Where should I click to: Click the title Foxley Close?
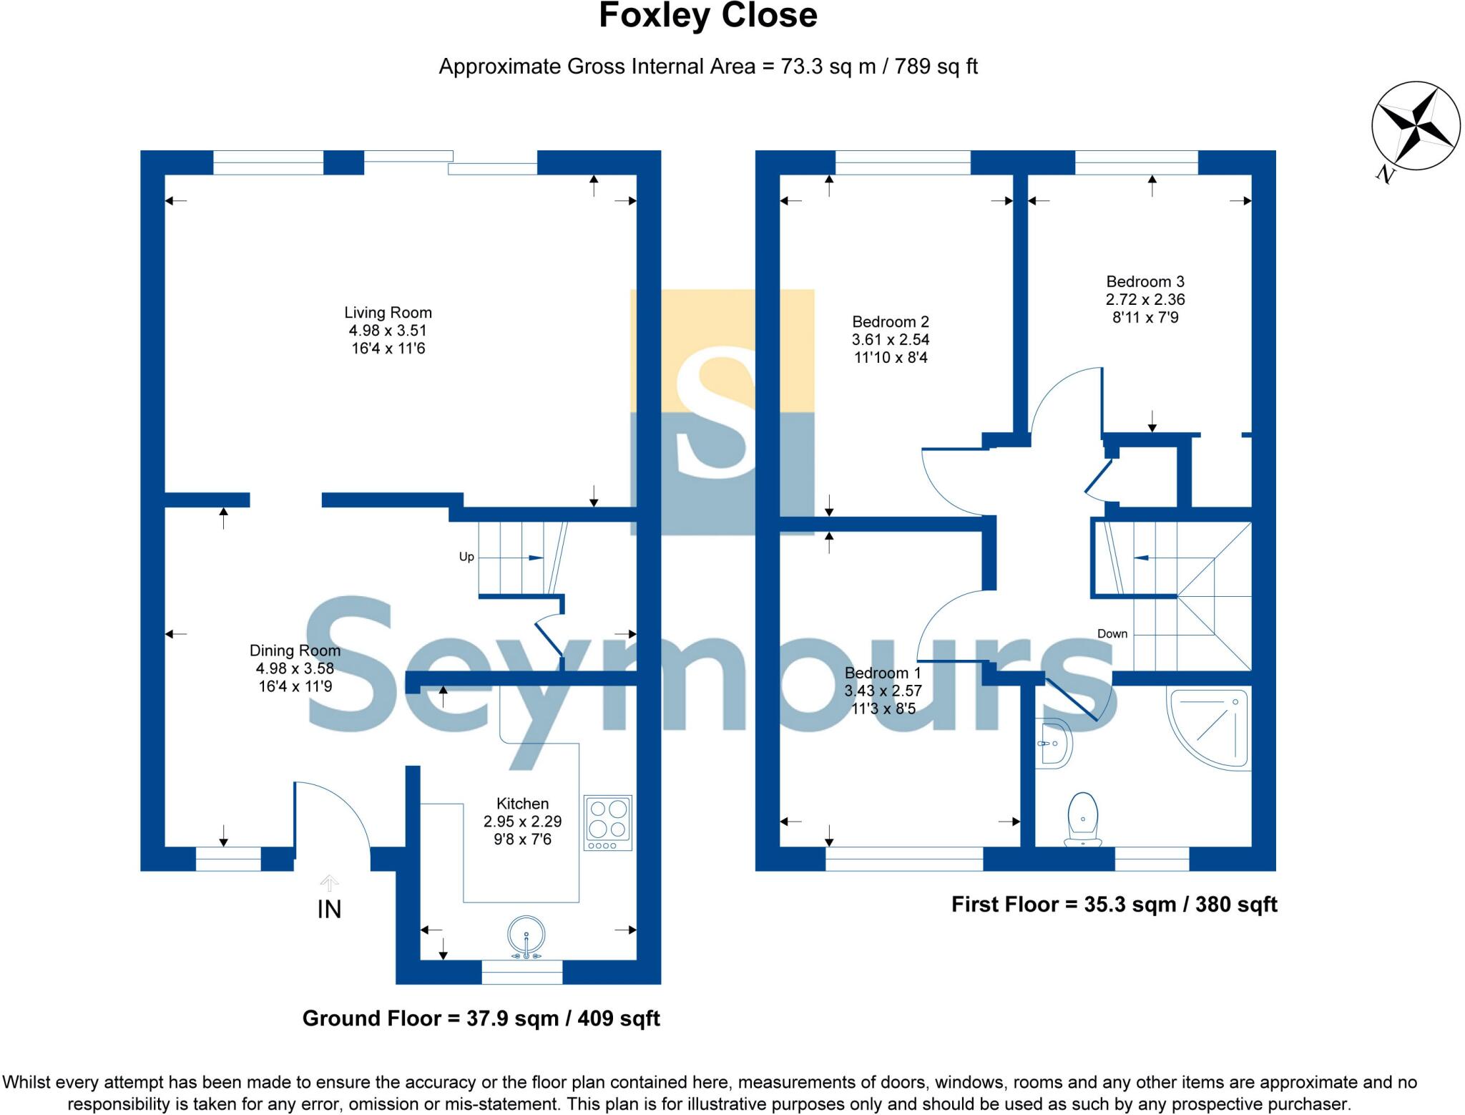[x=707, y=16]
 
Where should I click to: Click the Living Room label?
[x=388, y=313]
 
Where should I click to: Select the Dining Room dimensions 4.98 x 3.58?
[x=295, y=668]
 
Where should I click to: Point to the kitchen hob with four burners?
[x=608, y=822]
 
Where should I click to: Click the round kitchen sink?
[x=526, y=936]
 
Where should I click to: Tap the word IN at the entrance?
[x=329, y=909]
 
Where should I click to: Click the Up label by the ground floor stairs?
[x=466, y=557]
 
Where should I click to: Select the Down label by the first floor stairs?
[x=1112, y=634]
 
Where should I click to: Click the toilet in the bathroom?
[x=1082, y=818]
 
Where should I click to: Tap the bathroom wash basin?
[x=1054, y=744]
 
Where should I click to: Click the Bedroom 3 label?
[x=1145, y=282]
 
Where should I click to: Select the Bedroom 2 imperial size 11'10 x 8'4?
[x=891, y=358]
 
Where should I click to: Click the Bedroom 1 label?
[x=882, y=673]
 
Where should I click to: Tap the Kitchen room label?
[x=522, y=804]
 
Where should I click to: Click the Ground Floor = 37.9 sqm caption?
[x=481, y=1018]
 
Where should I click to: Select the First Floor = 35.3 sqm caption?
[x=1114, y=905]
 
